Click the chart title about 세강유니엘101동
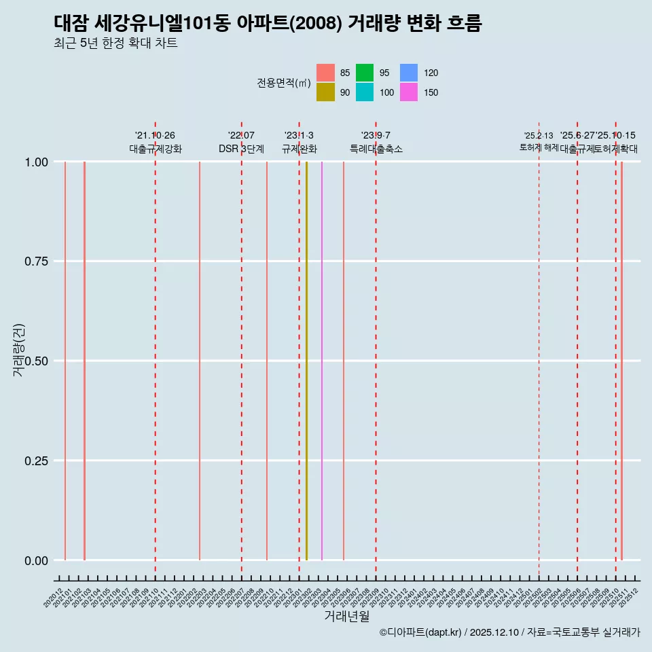click(x=268, y=24)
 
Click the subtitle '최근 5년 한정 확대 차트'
click(x=115, y=44)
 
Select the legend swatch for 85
click(x=325, y=73)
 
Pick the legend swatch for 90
click(x=325, y=92)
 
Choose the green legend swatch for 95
click(x=365, y=73)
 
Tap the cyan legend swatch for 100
click(x=365, y=92)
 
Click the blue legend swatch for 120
click(x=409, y=73)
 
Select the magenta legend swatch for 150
click(x=409, y=92)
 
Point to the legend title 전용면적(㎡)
click(x=284, y=83)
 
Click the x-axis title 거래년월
click(x=346, y=617)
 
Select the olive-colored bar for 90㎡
click(x=306, y=360)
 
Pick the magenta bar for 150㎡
click(x=322, y=360)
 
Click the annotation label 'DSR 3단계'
click(x=241, y=149)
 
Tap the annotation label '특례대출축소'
click(x=376, y=149)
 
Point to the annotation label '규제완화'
click(x=300, y=149)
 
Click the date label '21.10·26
click(x=156, y=136)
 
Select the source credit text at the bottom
click(x=509, y=633)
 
